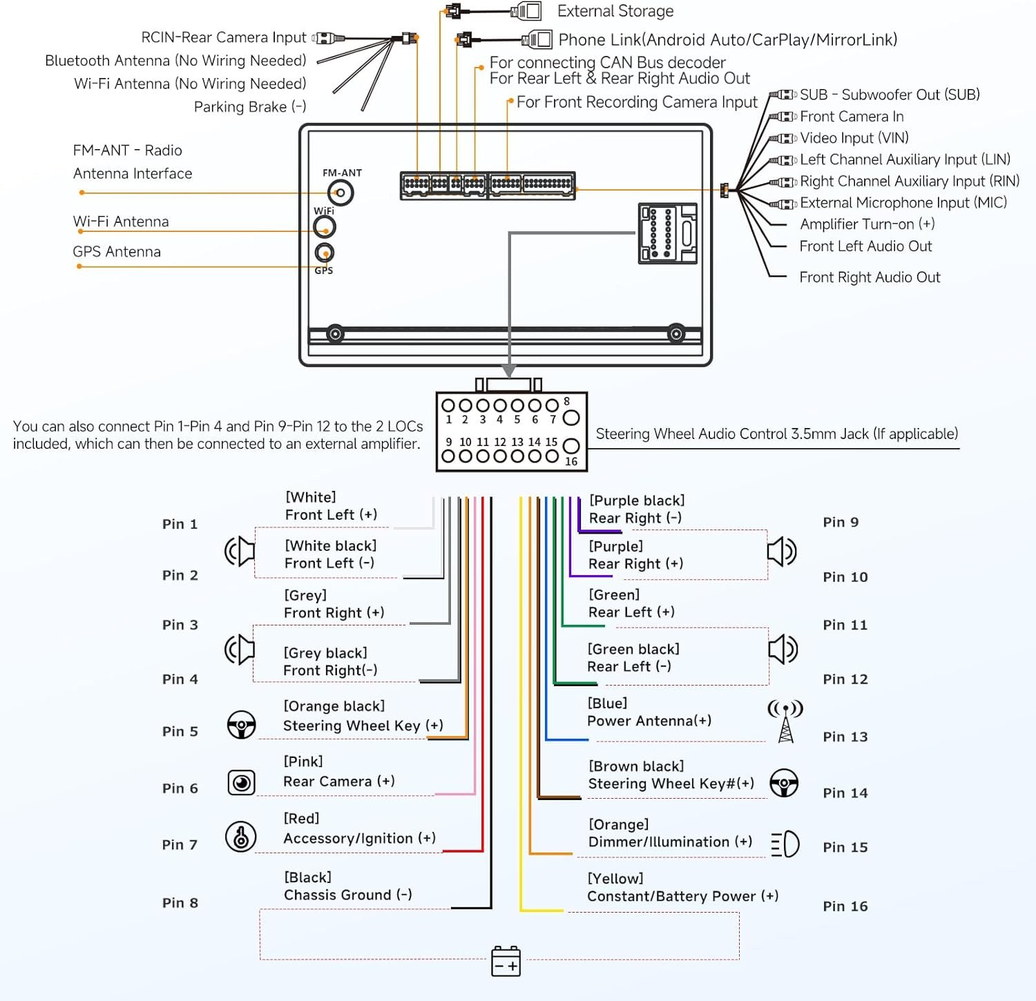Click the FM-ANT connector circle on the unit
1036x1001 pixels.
click(340, 193)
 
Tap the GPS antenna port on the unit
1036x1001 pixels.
click(324, 253)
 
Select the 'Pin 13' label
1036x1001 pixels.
click(845, 737)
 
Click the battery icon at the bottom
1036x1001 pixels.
click(506, 961)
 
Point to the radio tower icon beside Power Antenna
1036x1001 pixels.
click(785, 721)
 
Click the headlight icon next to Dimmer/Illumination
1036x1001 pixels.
click(785, 844)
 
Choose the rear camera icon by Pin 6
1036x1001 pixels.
click(241, 782)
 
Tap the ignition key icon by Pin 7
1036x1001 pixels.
click(240, 837)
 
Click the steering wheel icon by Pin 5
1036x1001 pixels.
click(241, 725)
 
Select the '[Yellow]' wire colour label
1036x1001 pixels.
click(615, 878)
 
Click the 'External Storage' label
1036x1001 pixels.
click(615, 11)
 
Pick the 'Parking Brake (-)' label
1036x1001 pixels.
click(250, 107)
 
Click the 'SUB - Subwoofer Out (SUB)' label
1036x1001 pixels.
click(890, 95)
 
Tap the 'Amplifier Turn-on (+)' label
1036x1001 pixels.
click(867, 224)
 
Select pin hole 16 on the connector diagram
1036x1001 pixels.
click(571, 446)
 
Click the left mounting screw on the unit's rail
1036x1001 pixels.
click(336, 334)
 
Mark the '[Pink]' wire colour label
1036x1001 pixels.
click(303, 761)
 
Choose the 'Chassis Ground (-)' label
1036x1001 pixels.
click(348, 895)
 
